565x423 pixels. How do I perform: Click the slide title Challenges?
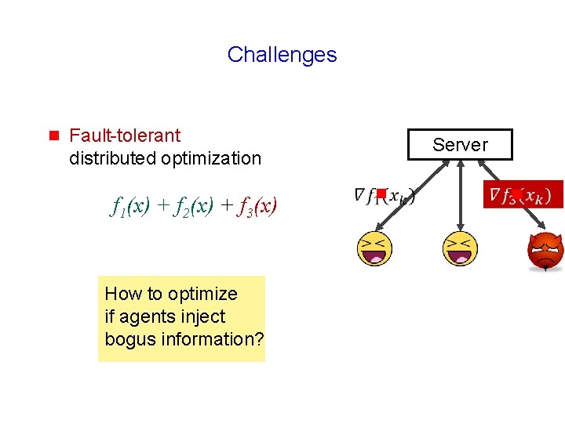tap(282, 55)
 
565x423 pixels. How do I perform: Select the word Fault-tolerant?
tap(125, 136)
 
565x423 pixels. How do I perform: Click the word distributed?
tap(113, 158)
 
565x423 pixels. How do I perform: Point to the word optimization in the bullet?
tap(211, 158)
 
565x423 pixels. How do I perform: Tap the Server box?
tap(460, 145)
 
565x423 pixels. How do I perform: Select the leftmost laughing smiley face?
tap(374, 249)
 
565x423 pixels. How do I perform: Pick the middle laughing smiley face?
tap(461, 249)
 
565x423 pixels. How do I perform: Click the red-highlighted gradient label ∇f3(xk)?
tap(523, 194)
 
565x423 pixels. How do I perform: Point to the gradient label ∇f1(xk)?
tap(385, 195)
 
